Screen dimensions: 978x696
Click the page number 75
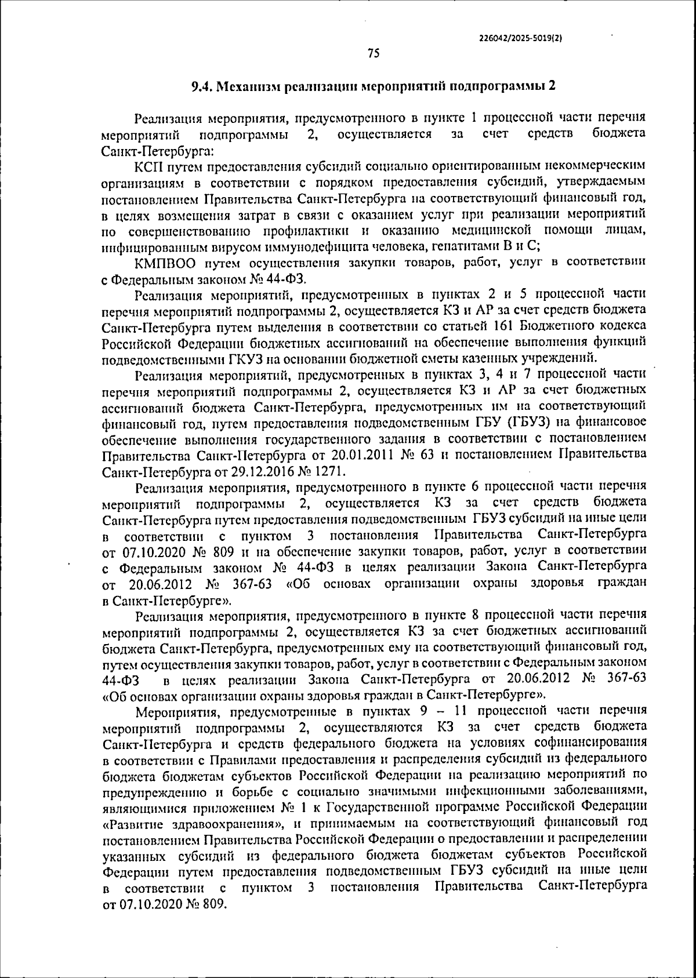[374, 54]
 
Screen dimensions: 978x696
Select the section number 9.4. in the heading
[203, 86]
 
